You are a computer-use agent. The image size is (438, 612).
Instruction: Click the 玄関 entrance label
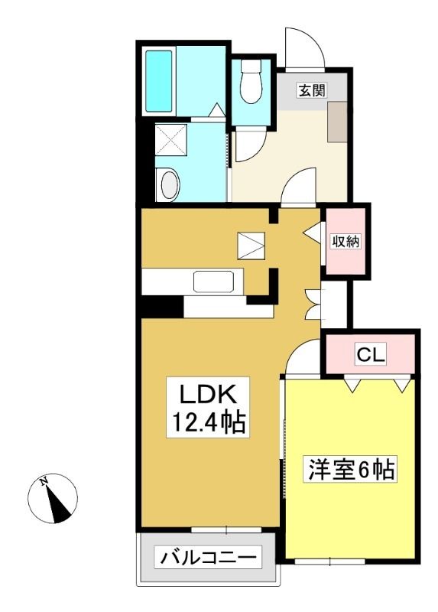point(312,91)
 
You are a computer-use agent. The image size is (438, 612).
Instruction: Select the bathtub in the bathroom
point(159,81)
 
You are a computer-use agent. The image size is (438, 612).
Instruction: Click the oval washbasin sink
point(170,184)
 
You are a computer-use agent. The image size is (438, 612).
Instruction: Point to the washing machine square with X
point(170,141)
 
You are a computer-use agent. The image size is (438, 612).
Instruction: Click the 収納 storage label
point(346,241)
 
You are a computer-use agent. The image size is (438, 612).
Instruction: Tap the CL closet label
point(371,354)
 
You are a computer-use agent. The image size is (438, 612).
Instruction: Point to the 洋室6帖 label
point(351,469)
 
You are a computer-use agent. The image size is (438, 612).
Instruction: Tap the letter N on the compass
point(44,481)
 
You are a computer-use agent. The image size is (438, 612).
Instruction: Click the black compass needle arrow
point(58,503)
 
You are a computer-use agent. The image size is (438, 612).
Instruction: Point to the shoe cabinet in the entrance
point(337,122)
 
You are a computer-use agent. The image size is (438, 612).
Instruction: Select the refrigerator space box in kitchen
point(251,246)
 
